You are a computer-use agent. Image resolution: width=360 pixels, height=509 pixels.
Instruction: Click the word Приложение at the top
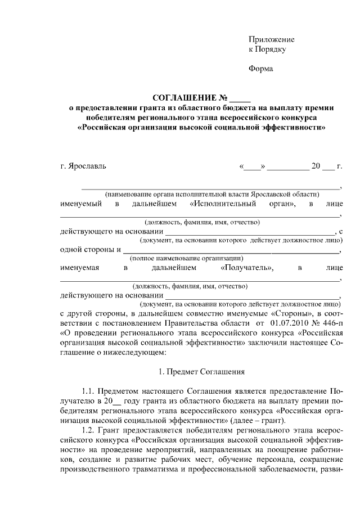272,40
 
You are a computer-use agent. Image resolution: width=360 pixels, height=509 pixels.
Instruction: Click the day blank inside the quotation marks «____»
253,167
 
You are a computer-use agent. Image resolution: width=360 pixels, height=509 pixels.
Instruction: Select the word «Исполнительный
223,203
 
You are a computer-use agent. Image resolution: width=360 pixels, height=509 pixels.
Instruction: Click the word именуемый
81,203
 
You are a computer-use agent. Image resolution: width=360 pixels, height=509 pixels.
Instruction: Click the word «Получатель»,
247,268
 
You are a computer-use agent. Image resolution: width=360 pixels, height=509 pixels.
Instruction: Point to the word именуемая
80,268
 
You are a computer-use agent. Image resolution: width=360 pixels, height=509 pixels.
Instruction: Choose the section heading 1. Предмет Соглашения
200,371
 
